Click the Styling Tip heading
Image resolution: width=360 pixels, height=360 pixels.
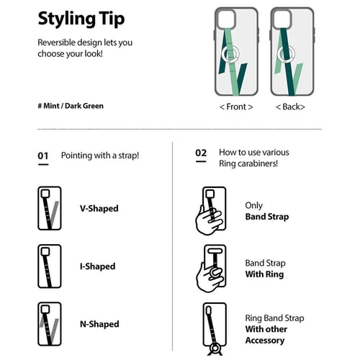coord(81,19)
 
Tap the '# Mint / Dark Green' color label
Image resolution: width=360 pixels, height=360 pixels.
coord(71,106)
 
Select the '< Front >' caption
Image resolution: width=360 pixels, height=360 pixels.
coord(236,107)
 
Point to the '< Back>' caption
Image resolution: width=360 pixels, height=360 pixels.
coord(290,107)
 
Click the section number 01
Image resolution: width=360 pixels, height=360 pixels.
coord(43,156)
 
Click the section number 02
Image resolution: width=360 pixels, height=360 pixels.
coord(201,153)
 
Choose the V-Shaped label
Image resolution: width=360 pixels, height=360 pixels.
coord(99,208)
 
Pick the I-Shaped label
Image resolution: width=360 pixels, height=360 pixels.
coord(97,266)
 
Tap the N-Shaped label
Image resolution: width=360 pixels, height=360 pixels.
coord(99,324)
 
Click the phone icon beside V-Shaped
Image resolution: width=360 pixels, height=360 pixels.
coord(50,208)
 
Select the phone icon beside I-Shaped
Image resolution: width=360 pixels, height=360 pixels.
coord(50,266)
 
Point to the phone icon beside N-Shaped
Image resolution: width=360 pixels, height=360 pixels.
coord(50,324)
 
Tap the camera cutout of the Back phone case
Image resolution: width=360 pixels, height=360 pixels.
coord(282,19)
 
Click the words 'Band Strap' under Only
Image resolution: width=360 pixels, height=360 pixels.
coord(267,217)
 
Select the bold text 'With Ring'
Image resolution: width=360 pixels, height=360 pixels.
coord(264,274)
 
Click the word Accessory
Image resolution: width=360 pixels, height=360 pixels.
coord(265,341)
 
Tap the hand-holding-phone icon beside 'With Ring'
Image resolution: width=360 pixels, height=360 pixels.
coord(211,269)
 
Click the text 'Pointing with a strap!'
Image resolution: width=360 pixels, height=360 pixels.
coord(100,156)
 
